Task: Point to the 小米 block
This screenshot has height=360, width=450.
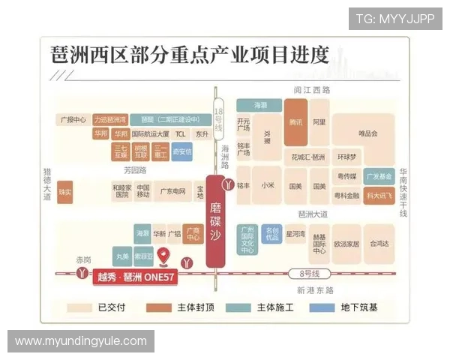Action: click(x=268, y=185)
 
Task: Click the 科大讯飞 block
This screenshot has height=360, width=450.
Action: click(x=379, y=195)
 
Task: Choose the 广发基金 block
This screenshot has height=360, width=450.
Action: click(x=379, y=177)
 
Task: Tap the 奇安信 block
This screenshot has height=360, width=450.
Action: click(x=182, y=151)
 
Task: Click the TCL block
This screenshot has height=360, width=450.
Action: click(x=181, y=133)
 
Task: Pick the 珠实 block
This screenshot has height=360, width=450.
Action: click(x=66, y=192)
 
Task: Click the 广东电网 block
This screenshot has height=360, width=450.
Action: click(x=173, y=191)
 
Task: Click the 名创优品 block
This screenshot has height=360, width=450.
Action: click(x=271, y=233)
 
